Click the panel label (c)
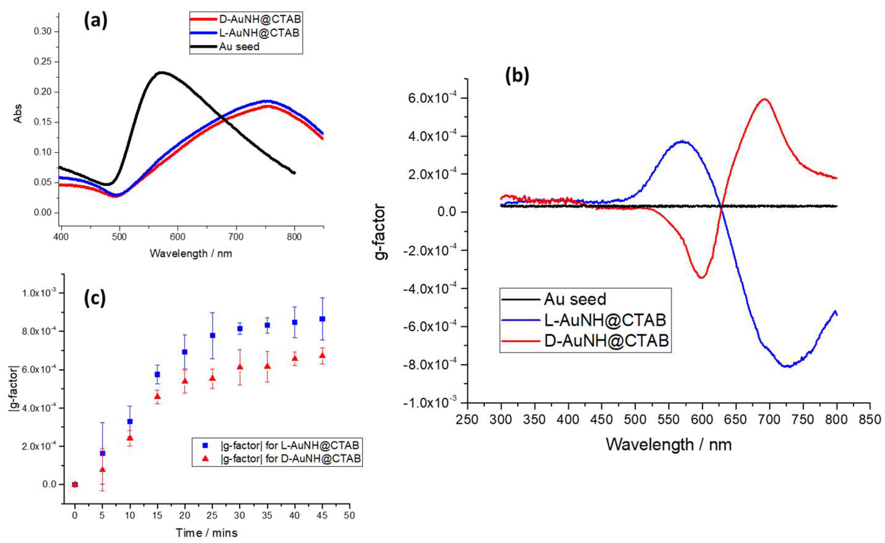pyautogui.click(x=95, y=298)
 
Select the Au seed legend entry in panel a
pyautogui.click(x=239, y=47)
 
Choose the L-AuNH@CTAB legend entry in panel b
pyautogui.click(x=605, y=320)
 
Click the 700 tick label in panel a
pyautogui.click(x=236, y=237)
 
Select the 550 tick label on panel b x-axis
pyautogui.click(x=669, y=419)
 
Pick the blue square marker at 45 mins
pyautogui.click(x=322, y=319)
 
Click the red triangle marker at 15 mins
pyautogui.click(x=157, y=396)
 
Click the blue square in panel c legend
pyautogui.click(x=205, y=446)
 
